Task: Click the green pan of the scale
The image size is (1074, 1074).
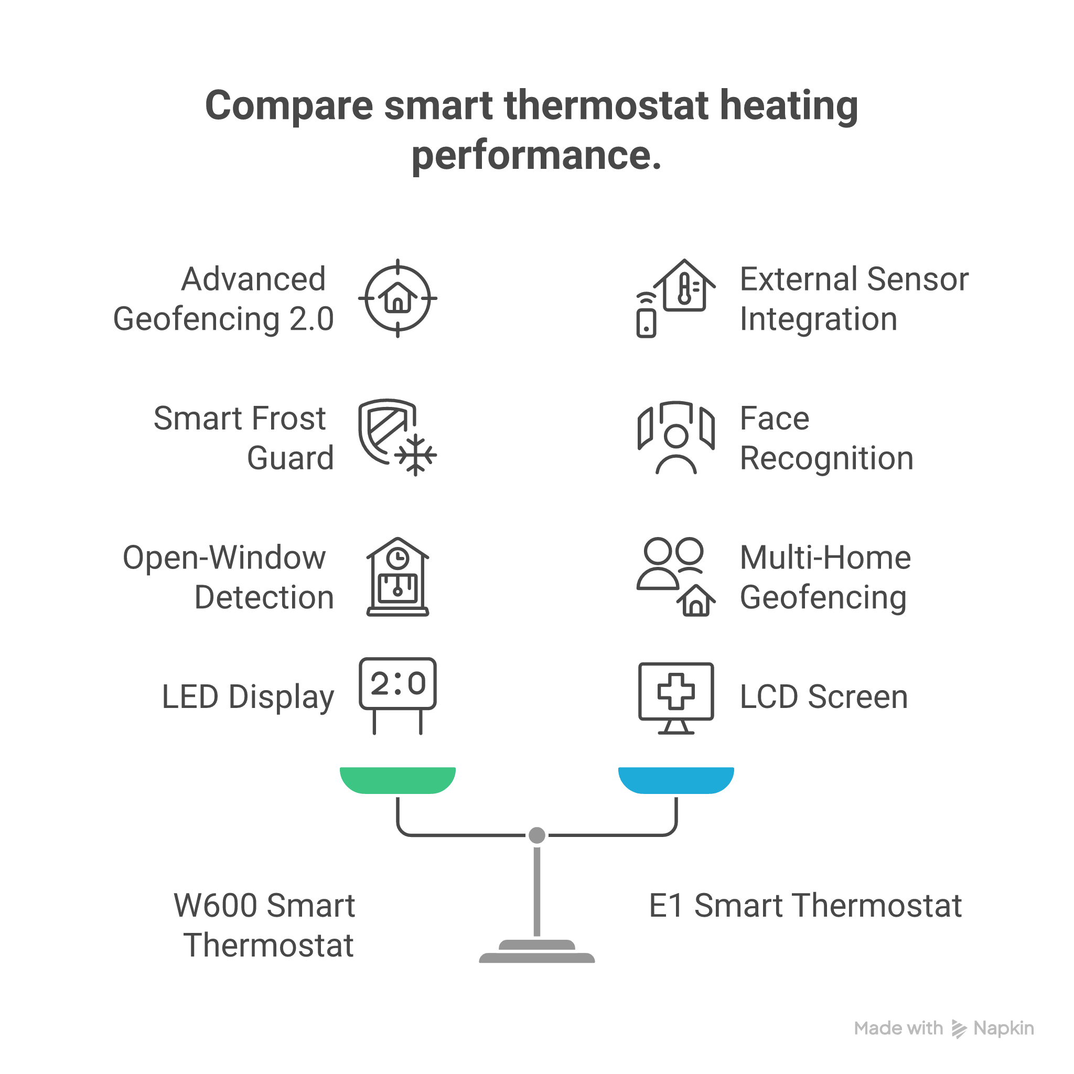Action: pyautogui.click(x=398, y=779)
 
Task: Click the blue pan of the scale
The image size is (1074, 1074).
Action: pyautogui.click(x=676, y=779)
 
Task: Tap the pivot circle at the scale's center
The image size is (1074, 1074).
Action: pyautogui.click(x=537, y=835)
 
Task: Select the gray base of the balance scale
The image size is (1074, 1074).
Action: pyautogui.click(x=537, y=954)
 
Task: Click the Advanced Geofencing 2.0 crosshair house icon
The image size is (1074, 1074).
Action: pyautogui.click(x=398, y=298)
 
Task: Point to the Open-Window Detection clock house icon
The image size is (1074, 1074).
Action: pyautogui.click(x=398, y=576)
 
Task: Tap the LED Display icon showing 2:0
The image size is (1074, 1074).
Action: pyautogui.click(x=398, y=695)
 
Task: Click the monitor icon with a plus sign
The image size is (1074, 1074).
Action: pyautogui.click(x=676, y=697)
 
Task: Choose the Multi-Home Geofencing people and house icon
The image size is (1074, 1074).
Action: pyautogui.click(x=676, y=576)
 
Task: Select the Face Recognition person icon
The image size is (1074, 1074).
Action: pyautogui.click(x=676, y=437)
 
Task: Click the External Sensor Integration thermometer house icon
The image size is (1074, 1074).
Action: pyautogui.click(x=676, y=298)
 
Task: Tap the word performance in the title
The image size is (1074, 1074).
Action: pyautogui.click(x=536, y=156)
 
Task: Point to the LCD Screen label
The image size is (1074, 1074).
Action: pyautogui.click(x=823, y=697)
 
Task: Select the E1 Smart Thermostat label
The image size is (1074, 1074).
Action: pyautogui.click(x=805, y=906)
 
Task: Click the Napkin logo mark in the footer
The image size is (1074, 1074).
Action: pyautogui.click(x=959, y=1029)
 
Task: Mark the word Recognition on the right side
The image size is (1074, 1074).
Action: pyautogui.click(x=826, y=459)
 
